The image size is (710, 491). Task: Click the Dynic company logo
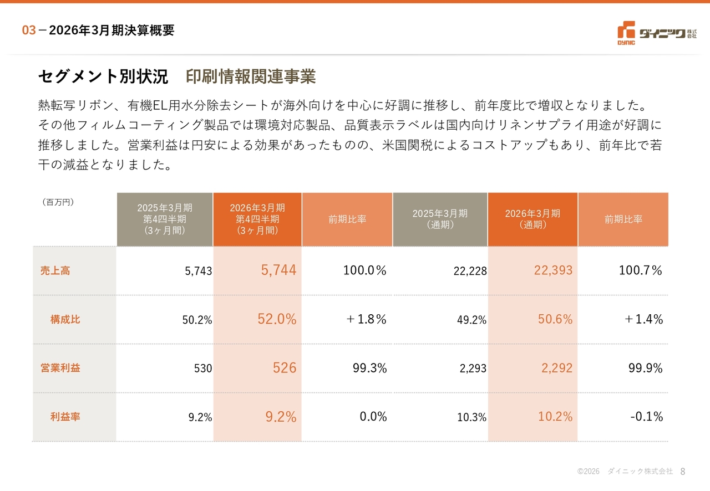click(x=657, y=33)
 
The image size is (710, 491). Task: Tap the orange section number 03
click(x=29, y=30)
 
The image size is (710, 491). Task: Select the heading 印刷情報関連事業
click(x=251, y=76)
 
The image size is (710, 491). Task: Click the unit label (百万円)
click(x=58, y=202)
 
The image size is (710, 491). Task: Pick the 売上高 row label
click(x=55, y=270)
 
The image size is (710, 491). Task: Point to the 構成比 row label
click(x=65, y=319)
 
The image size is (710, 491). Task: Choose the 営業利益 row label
click(x=60, y=368)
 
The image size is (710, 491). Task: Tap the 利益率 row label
click(x=65, y=417)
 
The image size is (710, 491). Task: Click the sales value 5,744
click(x=278, y=270)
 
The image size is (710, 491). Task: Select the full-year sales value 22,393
click(x=553, y=270)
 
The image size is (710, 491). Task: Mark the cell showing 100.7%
click(x=640, y=270)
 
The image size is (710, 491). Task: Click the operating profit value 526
click(x=285, y=368)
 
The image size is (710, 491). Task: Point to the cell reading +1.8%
click(x=367, y=319)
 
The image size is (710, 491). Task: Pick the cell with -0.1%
click(x=647, y=416)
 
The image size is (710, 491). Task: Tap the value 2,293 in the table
click(x=473, y=368)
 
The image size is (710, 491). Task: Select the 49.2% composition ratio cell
click(x=471, y=320)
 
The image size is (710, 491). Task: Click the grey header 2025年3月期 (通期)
click(x=440, y=219)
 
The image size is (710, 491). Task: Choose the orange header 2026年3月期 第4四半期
click(x=257, y=219)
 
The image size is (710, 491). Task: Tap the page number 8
click(x=683, y=472)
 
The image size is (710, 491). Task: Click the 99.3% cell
click(x=369, y=368)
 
